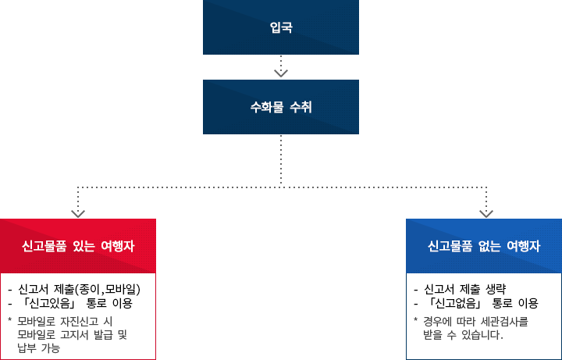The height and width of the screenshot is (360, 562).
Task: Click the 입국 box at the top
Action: click(x=281, y=28)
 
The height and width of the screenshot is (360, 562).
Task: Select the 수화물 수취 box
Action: click(x=281, y=105)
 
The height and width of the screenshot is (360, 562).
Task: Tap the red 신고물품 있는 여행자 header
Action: click(x=79, y=245)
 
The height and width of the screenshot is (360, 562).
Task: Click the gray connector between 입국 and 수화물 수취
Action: click(x=281, y=67)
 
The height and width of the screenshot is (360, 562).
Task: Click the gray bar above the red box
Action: click(x=145, y=201)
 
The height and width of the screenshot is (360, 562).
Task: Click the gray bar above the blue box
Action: click(x=419, y=201)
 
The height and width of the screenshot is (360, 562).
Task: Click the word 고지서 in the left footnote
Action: click(x=74, y=334)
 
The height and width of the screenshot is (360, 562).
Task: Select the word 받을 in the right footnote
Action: click(x=432, y=335)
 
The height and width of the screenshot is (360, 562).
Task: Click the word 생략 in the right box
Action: click(x=499, y=288)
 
